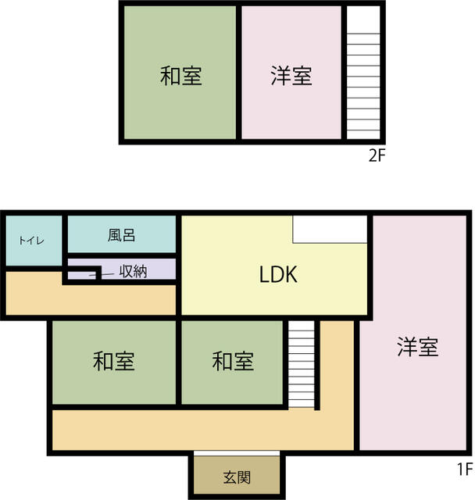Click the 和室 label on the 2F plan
[180, 76]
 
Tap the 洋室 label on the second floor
[291, 76]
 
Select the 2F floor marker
[377, 156]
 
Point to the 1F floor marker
[465, 470]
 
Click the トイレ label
[31, 241]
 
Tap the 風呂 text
[121, 235]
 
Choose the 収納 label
[134, 271]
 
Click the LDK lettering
[278, 274]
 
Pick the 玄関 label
[237, 477]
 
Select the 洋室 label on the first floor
[418, 347]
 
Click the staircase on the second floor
[363, 73]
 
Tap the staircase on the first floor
[302, 364]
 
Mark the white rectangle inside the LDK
[330, 230]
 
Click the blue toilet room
[34, 241]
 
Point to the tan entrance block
[237, 475]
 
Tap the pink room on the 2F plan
[291, 73]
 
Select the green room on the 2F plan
[180, 73]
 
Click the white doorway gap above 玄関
[237, 453]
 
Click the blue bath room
[122, 234]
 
